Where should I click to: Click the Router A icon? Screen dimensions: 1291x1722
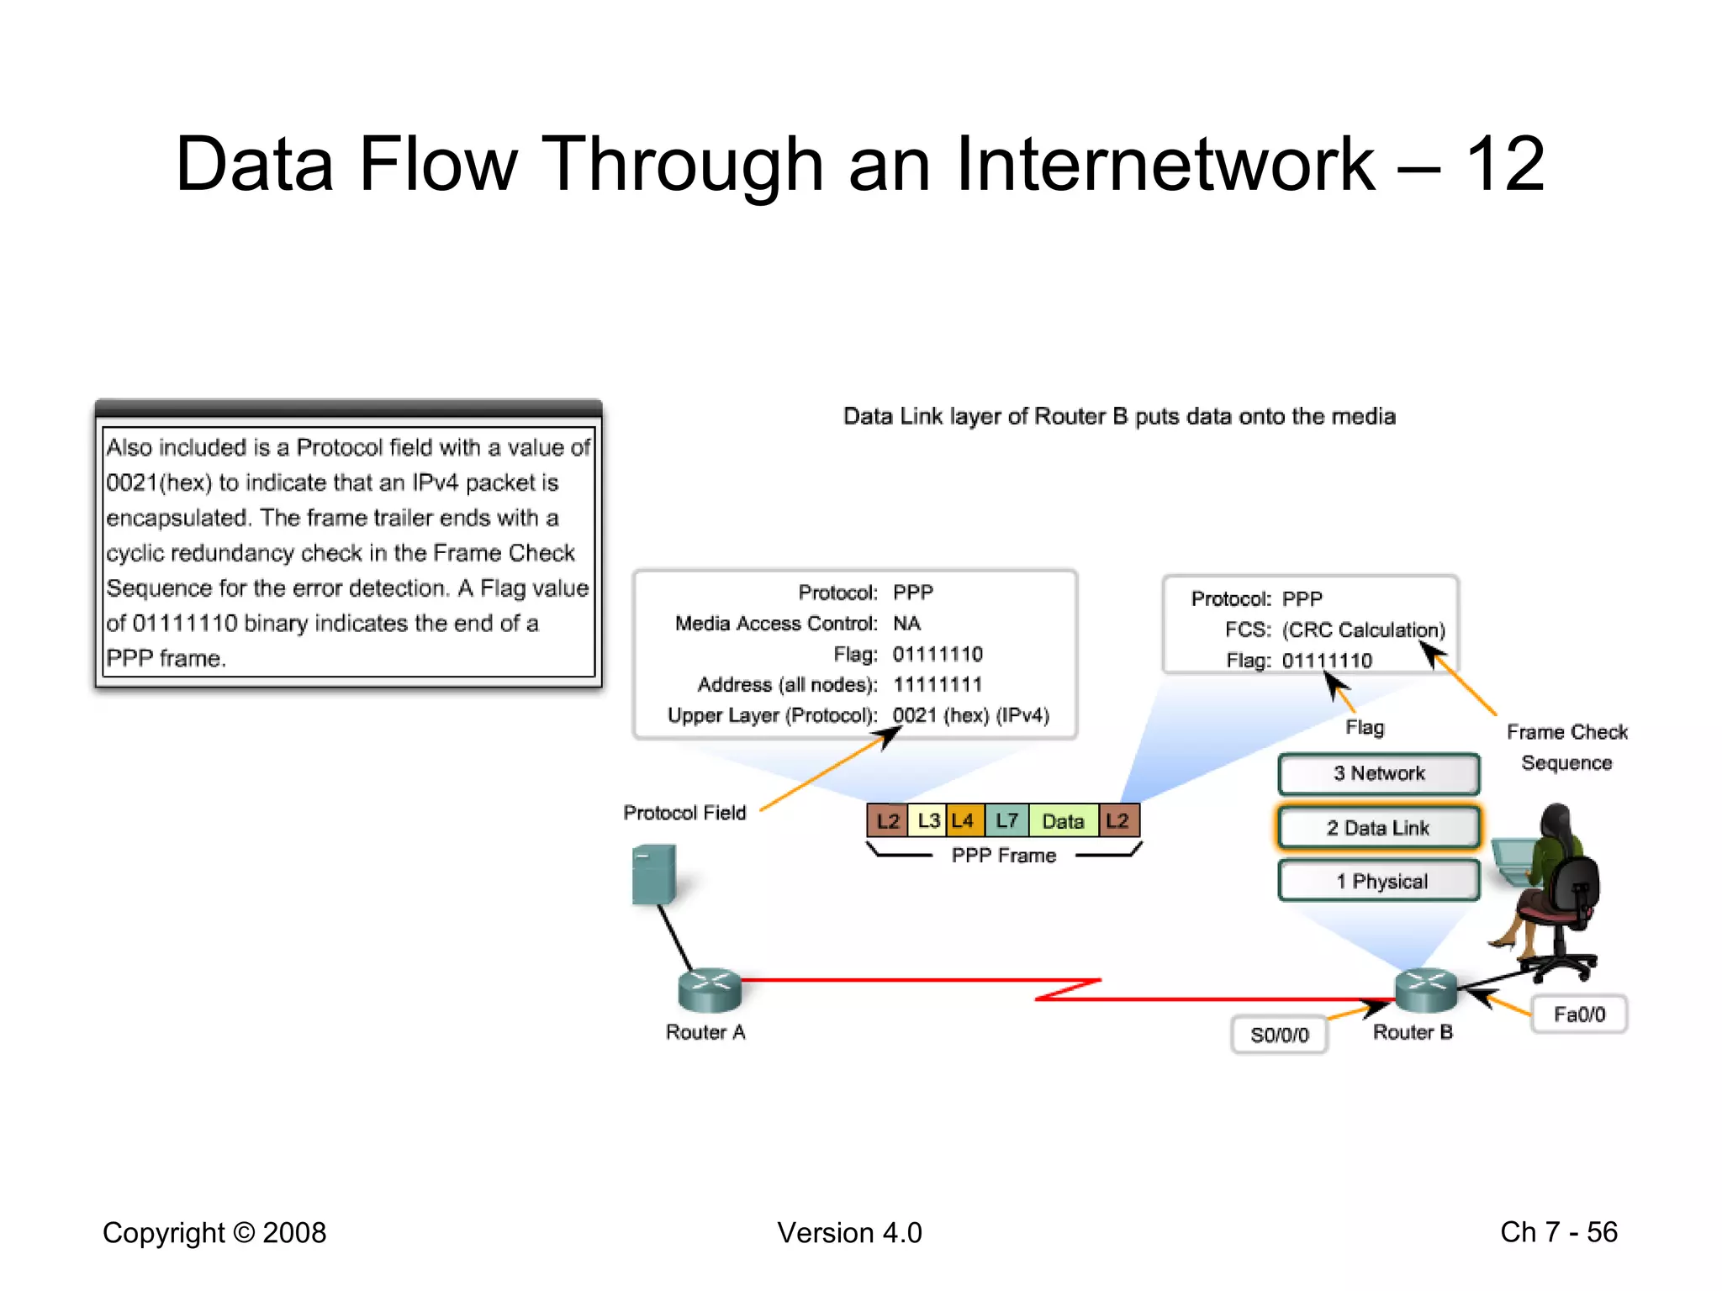pyautogui.click(x=710, y=989)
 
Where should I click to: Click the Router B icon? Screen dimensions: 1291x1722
pyautogui.click(x=1426, y=989)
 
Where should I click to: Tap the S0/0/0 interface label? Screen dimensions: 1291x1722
pyautogui.click(x=1279, y=1035)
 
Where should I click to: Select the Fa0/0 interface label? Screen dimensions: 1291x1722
pyautogui.click(x=1579, y=1014)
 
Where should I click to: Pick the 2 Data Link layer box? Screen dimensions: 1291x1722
pyautogui.click(x=1378, y=828)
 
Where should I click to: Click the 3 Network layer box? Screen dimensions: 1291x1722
pyautogui.click(x=1378, y=773)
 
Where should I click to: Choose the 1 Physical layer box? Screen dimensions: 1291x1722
pyautogui.click(x=1378, y=881)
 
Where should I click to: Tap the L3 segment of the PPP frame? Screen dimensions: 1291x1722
pyautogui.click(x=927, y=820)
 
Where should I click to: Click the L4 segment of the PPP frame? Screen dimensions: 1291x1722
pyautogui.click(x=964, y=820)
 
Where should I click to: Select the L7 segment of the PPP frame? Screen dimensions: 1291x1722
pyautogui.click(x=1006, y=820)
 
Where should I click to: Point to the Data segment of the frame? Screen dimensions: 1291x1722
pyautogui.click(x=1063, y=820)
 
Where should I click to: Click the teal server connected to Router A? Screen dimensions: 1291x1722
pyautogui.click(x=653, y=874)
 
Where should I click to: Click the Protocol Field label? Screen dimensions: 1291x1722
pyautogui.click(x=684, y=813)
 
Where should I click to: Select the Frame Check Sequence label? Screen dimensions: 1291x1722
pyautogui.click(x=1566, y=747)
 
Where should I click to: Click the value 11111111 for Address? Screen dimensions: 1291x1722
pyautogui.click(x=937, y=684)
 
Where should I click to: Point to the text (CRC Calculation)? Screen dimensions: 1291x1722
pyautogui.click(x=1363, y=630)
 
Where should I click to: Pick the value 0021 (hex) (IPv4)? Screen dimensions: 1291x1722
pyautogui.click(x=970, y=715)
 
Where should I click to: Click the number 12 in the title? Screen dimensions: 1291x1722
pyautogui.click(x=1504, y=165)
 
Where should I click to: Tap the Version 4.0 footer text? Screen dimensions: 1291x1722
pyautogui.click(x=849, y=1232)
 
